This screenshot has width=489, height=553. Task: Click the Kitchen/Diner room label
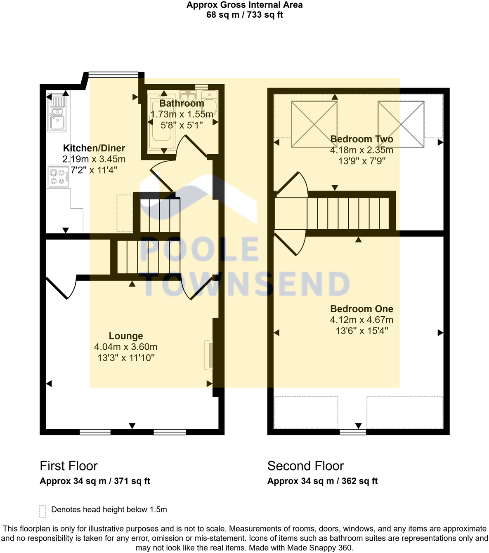tap(94, 148)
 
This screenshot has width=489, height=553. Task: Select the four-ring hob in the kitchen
tap(58, 176)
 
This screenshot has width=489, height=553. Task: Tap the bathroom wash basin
tap(188, 96)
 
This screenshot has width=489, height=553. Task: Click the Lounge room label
tap(126, 336)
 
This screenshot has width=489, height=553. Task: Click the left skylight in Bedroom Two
tap(314, 124)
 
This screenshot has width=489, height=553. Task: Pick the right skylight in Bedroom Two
tap(401, 124)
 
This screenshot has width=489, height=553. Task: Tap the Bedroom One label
tap(361, 309)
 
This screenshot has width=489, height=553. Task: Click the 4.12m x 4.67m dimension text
tap(361, 320)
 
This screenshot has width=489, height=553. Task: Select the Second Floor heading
tap(305, 466)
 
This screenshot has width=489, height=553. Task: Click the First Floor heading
tap(69, 466)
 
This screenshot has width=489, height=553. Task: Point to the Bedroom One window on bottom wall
tap(353, 432)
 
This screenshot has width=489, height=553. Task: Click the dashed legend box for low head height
tap(43, 511)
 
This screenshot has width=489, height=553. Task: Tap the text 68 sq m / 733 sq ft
tap(244, 15)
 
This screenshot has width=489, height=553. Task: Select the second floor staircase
tap(349, 214)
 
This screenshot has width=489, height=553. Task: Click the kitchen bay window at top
tap(113, 75)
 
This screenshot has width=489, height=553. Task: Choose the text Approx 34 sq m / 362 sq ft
tap(322, 481)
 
